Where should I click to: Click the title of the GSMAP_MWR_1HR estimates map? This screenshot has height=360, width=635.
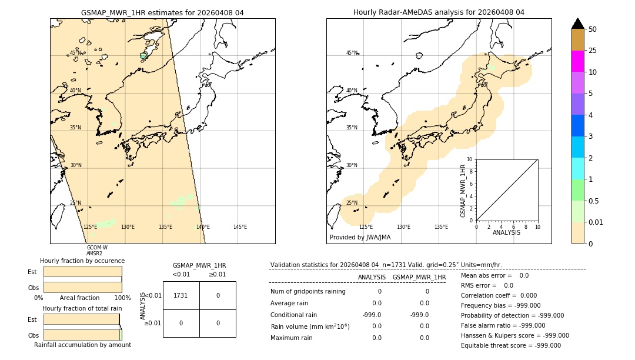[162, 12]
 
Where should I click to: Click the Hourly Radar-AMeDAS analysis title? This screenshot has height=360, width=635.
[439, 12]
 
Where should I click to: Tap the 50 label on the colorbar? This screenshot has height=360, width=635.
[593, 29]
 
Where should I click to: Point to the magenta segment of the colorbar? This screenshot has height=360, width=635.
[577, 61]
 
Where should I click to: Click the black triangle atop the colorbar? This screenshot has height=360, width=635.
[577, 24]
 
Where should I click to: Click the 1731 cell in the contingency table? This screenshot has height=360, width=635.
[181, 295]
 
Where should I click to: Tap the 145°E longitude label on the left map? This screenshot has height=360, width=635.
[240, 227]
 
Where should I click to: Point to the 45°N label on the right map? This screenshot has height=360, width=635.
[352, 53]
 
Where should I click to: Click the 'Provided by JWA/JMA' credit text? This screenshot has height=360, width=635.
[360, 238]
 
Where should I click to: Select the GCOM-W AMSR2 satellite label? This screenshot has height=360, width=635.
[96, 251]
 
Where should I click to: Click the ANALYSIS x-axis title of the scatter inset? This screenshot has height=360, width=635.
[506, 232]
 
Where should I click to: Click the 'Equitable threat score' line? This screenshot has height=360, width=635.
[510, 345]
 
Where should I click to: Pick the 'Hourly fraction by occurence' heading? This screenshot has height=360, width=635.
[82, 261]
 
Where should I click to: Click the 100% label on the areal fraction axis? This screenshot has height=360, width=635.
[122, 298]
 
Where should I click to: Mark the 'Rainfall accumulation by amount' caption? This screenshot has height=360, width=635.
[82, 345]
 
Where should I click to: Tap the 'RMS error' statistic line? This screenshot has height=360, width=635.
[487, 285]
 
